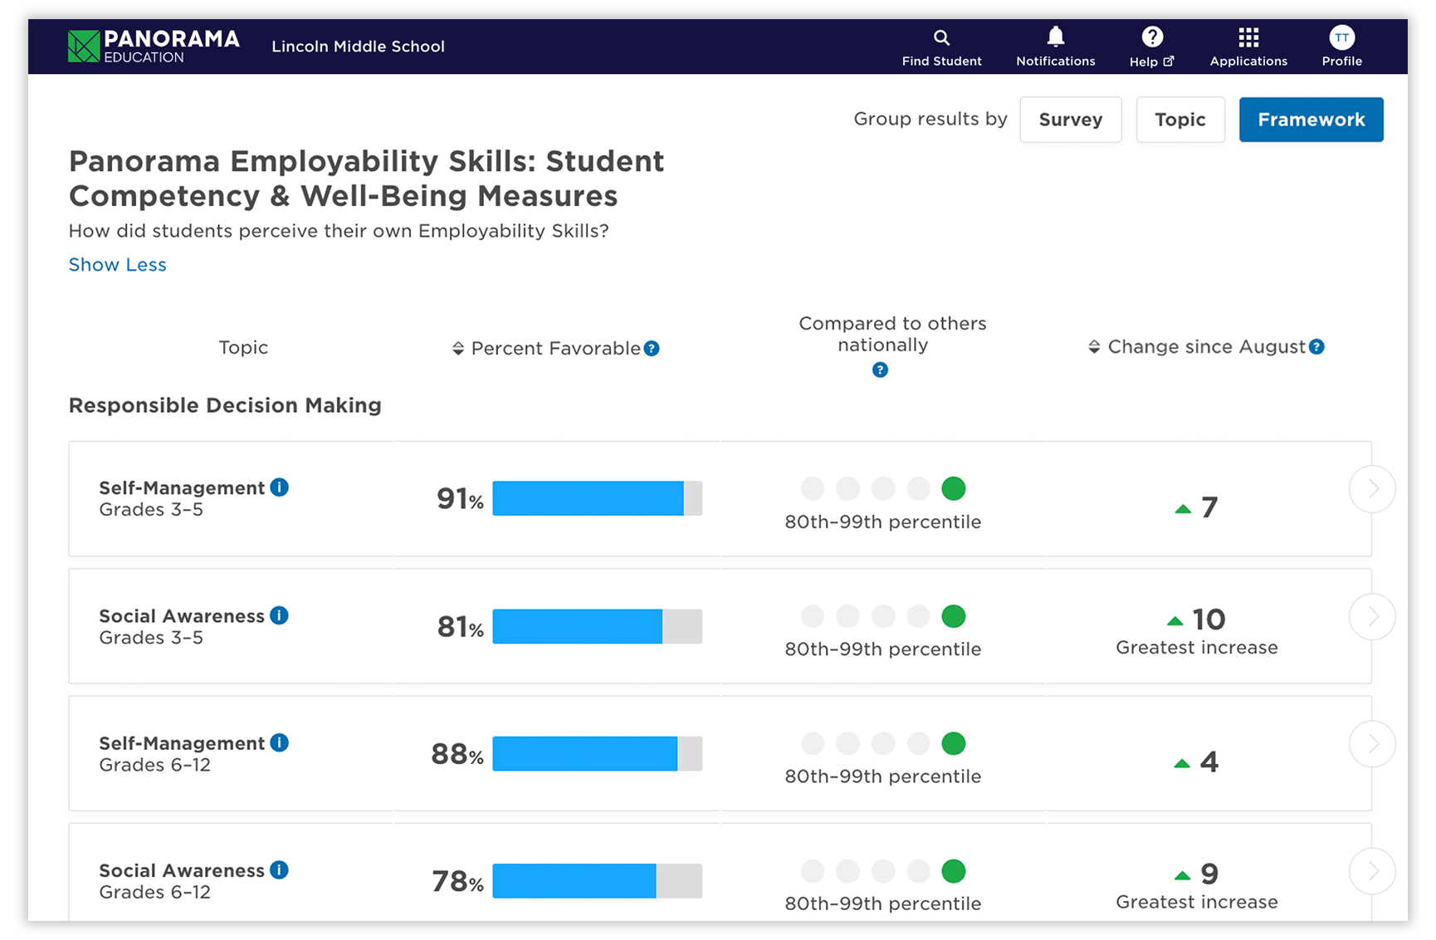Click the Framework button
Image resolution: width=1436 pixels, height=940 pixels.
click(x=1310, y=120)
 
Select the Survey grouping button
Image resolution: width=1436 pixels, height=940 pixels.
click(x=1070, y=120)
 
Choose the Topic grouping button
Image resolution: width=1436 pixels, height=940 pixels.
click(x=1180, y=120)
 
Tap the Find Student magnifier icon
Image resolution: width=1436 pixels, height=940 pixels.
click(x=941, y=37)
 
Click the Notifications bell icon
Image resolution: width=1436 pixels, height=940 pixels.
click(x=1055, y=37)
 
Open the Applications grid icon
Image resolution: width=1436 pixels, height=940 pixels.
click(x=1248, y=37)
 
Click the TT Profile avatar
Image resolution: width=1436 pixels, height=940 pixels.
click(x=1341, y=37)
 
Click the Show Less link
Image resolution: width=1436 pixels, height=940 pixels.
click(x=117, y=265)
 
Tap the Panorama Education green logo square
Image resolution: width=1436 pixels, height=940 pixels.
click(x=83, y=47)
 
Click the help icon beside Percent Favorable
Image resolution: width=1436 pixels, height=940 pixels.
click(x=652, y=349)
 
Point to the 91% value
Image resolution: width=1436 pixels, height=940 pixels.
click(x=459, y=499)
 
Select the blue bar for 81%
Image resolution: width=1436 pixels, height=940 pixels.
click(x=577, y=626)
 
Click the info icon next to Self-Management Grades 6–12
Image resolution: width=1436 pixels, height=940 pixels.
click(x=280, y=742)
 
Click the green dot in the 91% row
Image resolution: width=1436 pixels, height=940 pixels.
click(x=953, y=488)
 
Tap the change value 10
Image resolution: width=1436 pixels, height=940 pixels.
click(x=1208, y=619)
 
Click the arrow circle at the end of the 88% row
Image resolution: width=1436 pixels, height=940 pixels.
click(x=1371, y=744)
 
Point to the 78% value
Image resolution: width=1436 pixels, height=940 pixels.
click(x=457, y=881)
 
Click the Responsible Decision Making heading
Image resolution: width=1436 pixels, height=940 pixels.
click(x=225, y=405)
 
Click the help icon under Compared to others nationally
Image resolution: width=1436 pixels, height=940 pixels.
click(x=880, y=370)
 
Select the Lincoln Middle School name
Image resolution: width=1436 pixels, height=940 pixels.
click(x=358, y=47)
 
